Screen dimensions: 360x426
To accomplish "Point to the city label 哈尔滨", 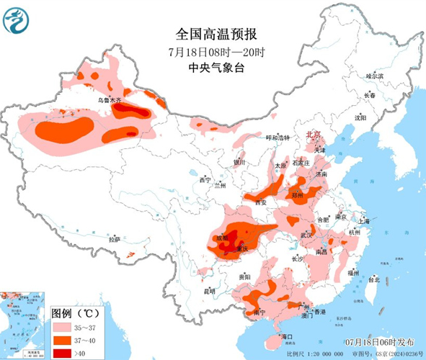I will pos(374,76).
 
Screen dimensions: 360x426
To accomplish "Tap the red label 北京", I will pos(314,135).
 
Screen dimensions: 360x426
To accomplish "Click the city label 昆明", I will pos(210,291).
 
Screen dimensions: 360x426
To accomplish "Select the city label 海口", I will pos(286,336).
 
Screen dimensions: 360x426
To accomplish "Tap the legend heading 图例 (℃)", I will pos(75,313).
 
